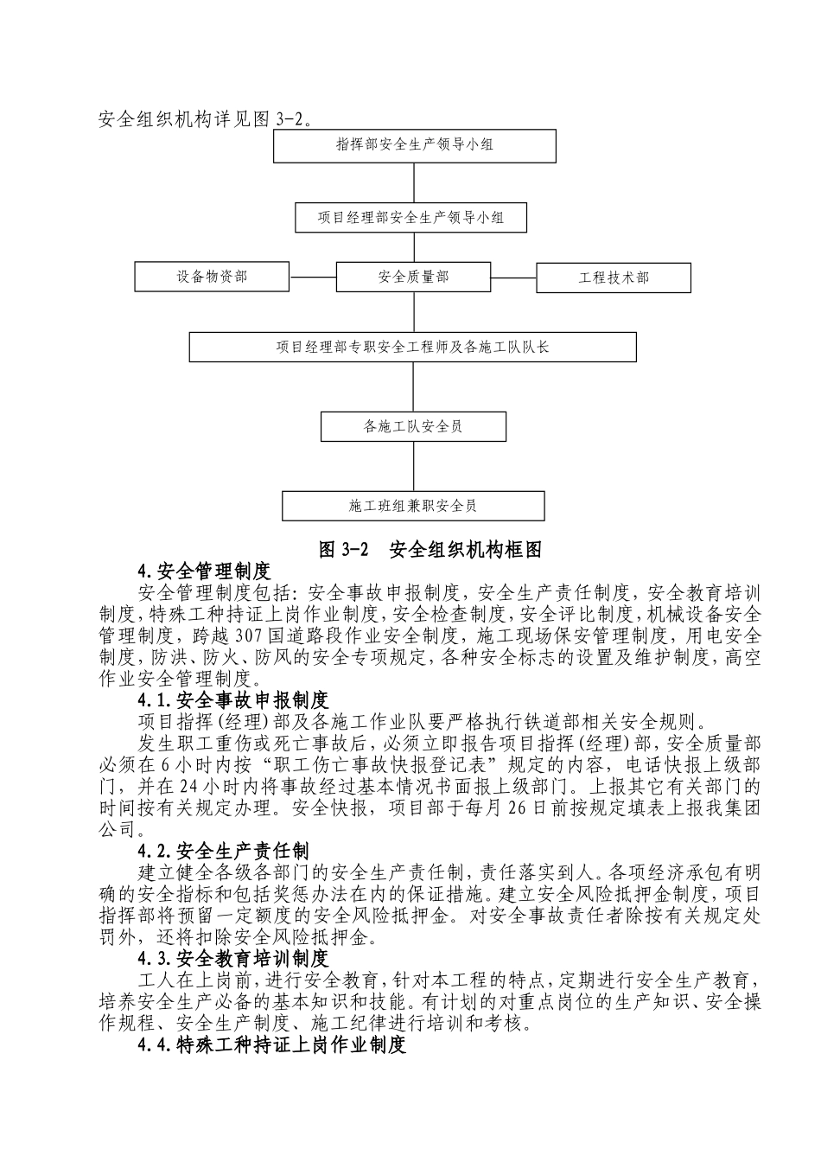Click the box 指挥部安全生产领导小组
point(415,145)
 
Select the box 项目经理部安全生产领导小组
point(410,218)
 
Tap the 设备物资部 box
point(213,277)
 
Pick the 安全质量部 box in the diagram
point(413,277)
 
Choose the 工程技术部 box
point(614,278)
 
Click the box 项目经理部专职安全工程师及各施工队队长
point(413,348)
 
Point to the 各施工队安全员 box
point(413,426)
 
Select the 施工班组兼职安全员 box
point(413,506)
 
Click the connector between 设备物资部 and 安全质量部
point(312,278)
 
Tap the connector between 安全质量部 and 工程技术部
point(513,278)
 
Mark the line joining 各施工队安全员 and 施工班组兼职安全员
point(414,466)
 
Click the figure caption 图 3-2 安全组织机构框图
point(430,549)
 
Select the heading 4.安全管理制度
point(204,571)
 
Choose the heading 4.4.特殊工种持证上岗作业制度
point(271,1045)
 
